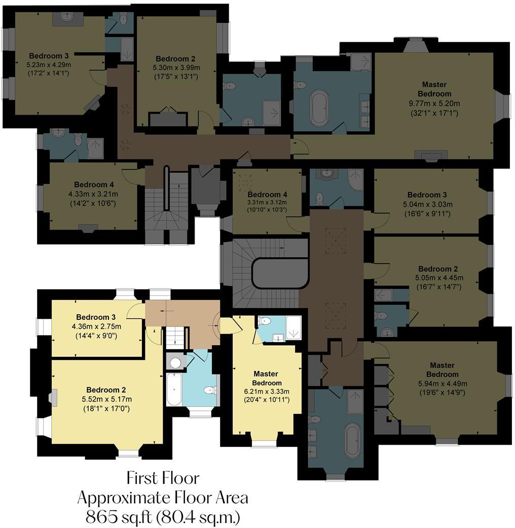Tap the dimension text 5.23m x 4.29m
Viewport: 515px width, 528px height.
tap(49, 65)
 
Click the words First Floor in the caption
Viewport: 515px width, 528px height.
tap(163, 478)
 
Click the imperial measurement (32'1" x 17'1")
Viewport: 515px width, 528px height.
tap(434, 113)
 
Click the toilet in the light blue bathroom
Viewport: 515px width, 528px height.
tap(208, 390)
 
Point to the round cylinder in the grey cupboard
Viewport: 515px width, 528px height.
tap(175, 362)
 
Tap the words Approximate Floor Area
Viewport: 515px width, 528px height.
tap(163, 498)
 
